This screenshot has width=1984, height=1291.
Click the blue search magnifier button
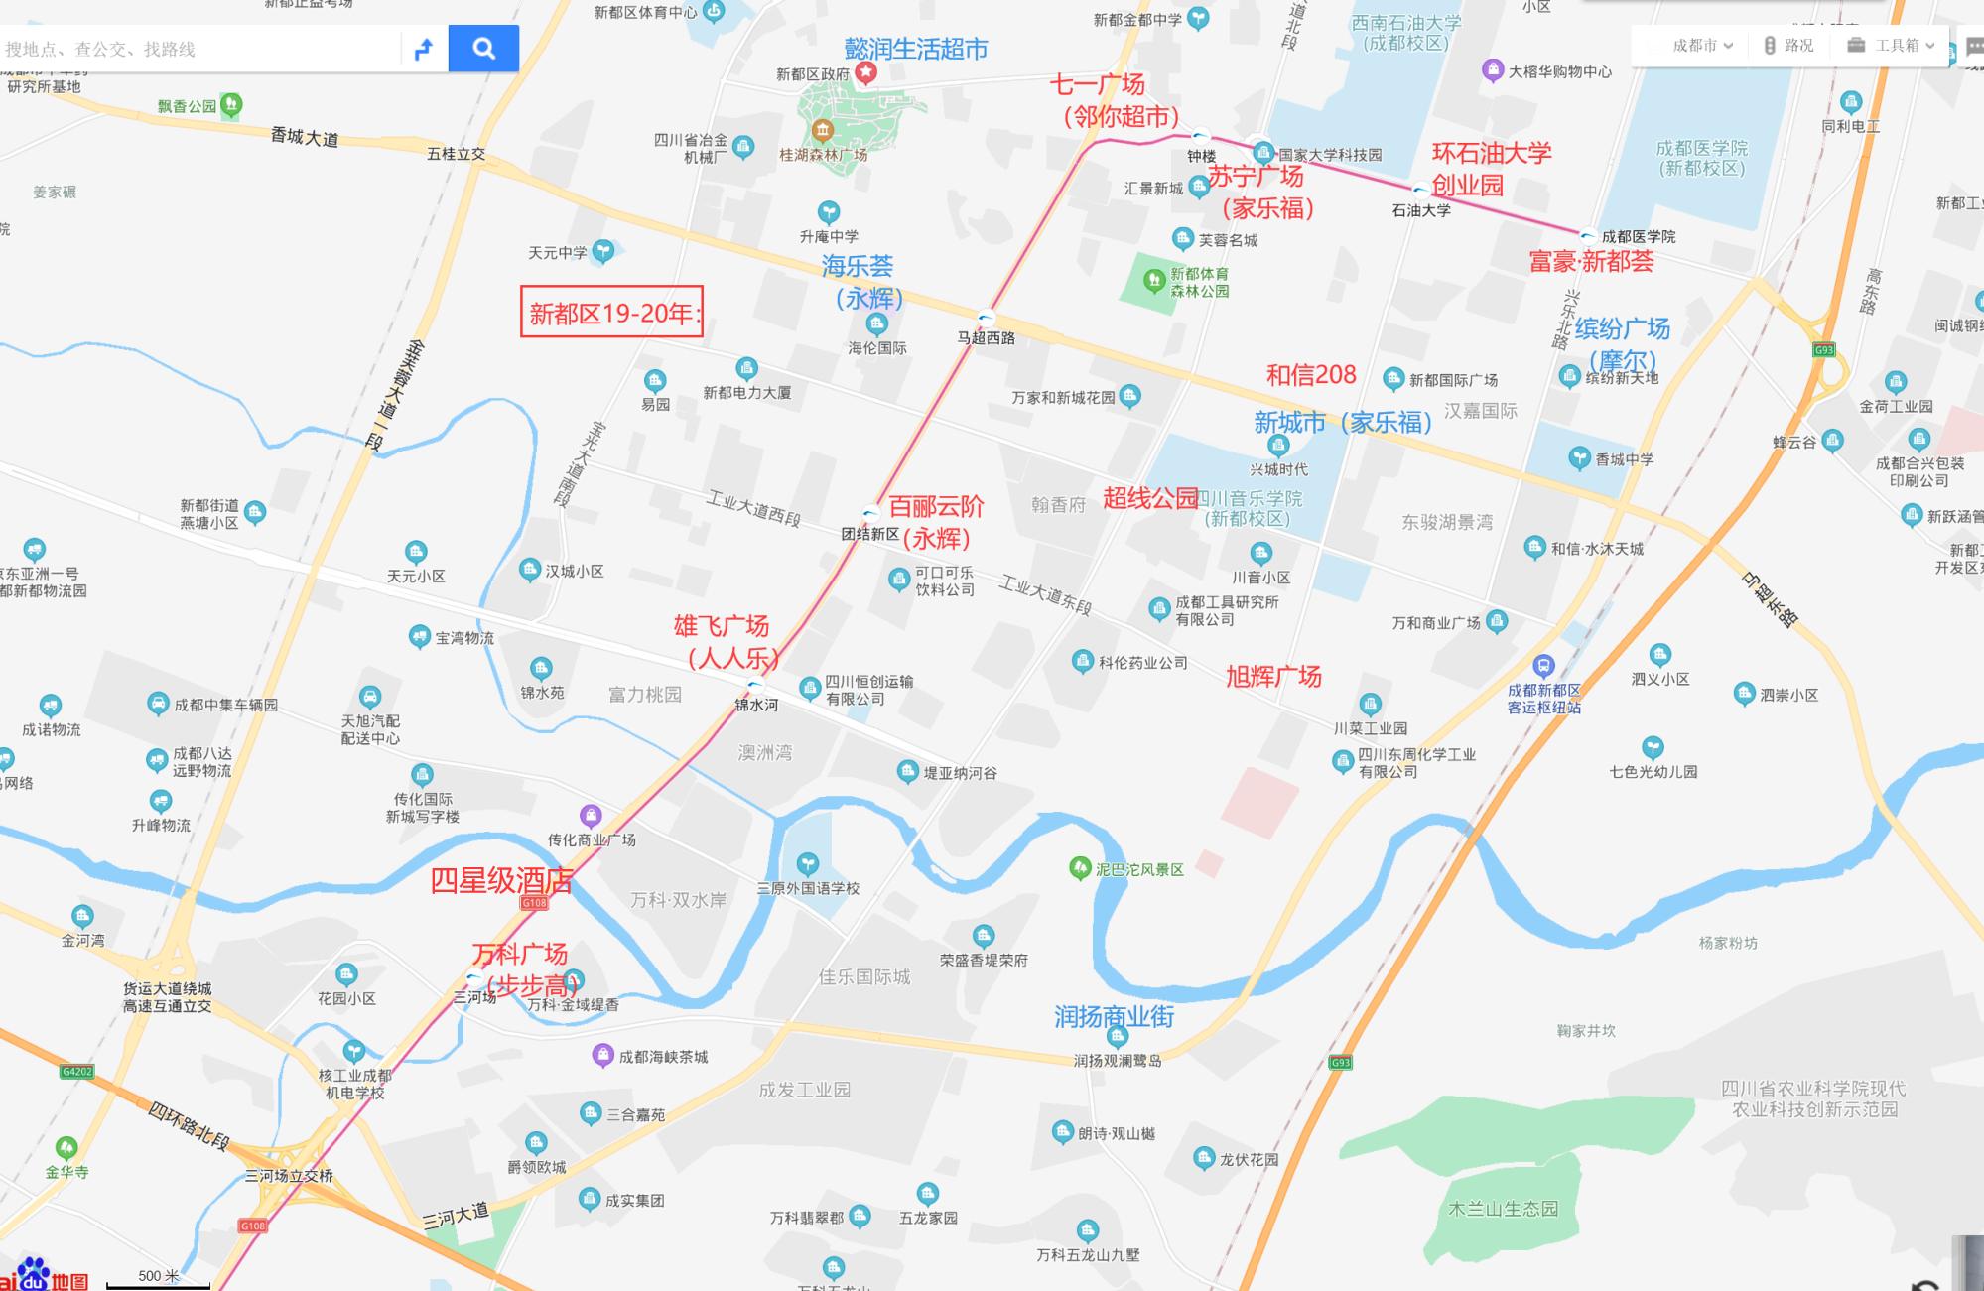tap(483, 49)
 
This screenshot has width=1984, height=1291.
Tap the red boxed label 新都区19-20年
tap(612, 313)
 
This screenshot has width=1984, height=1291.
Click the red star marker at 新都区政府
tap(866, 72)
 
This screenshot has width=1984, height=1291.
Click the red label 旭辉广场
tap(1273, 677)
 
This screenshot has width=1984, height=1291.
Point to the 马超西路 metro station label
tap(986, 337)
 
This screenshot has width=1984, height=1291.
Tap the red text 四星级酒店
tap(501, 880)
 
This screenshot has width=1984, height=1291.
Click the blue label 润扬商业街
tap(1114, 1016)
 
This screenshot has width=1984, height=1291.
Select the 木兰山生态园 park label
tap(1503, 1209)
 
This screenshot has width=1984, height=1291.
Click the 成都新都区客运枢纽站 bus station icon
tap(1543, 666)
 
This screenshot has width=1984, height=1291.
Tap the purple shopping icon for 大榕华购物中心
tap(1493, 70)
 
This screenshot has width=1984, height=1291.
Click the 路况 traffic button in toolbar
tap(1788, 46)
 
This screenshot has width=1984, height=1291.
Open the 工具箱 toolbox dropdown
tap(1891, 46)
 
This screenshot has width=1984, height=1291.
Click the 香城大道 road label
tap(304, 137)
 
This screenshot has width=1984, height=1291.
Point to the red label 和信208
tap(1311, 374)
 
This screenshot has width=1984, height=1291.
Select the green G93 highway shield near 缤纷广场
tap(1824, 349)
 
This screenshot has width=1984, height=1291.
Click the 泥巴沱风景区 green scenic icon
tap(1080, 869)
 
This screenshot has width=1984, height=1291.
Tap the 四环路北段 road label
tap(189, 1126)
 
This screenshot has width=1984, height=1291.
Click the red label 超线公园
tap(1150, 498)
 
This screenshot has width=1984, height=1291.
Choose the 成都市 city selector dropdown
tap(1701, 46)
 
